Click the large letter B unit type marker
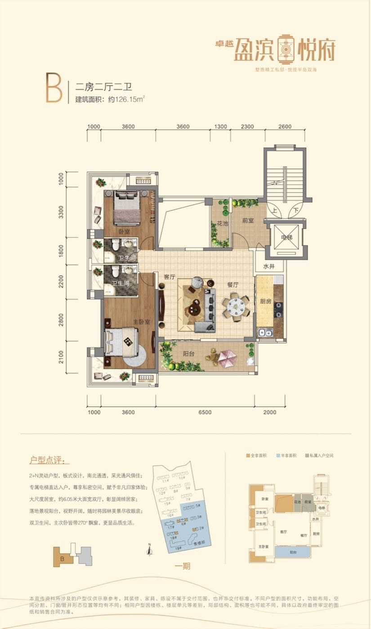click(x=54, y=87)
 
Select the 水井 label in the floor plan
click(x=269, y=266)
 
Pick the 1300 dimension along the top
click(x=220, y=127)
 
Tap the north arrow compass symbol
click(x=149, y=548)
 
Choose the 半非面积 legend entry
click(x=287, y=456)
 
